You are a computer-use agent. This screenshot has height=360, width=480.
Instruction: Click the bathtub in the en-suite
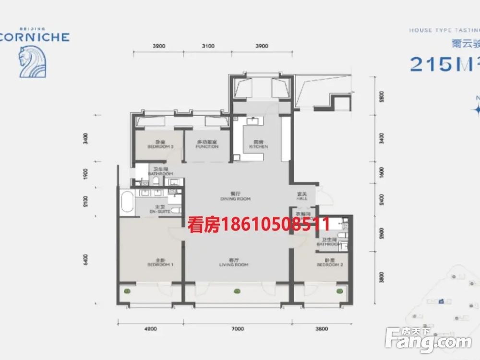coord(127,202)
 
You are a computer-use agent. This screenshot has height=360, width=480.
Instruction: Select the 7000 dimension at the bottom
coord(238,329)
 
